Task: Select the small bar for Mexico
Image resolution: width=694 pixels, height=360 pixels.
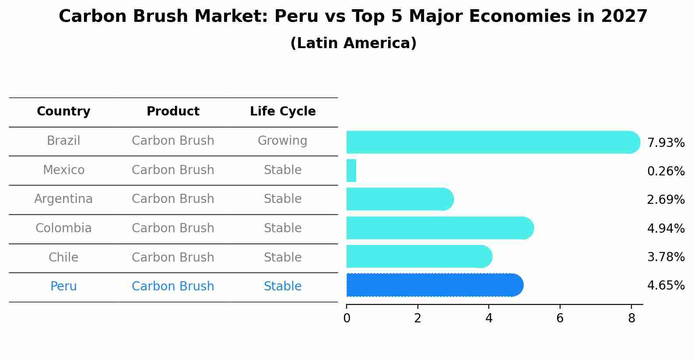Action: (351, 171)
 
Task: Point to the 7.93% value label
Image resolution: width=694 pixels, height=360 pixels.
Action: (666, 143)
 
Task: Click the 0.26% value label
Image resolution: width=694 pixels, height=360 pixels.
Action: (666, 171)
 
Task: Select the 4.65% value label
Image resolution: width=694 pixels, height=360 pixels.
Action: (666, 286)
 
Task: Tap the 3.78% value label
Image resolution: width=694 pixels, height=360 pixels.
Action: (666, 257)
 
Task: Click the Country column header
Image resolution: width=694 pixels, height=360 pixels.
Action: (63, 112)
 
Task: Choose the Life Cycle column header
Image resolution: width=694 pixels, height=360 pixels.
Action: (283, 112)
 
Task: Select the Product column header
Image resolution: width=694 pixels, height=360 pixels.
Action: (173, 112)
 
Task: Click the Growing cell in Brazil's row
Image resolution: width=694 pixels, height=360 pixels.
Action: (282, 141)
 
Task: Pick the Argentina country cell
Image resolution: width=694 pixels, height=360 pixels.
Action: (63, 199)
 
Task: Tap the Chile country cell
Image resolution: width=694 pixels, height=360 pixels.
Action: (63, 257)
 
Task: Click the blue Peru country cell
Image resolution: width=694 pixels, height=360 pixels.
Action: (63, 287)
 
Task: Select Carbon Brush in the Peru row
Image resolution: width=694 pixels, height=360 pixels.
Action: (173, 287)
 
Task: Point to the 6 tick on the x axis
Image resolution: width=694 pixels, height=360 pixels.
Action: (560, 318)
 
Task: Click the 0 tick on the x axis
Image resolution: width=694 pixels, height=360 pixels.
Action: (347, 318)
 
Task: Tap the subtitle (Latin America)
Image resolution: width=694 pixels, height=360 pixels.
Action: (353, 43)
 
